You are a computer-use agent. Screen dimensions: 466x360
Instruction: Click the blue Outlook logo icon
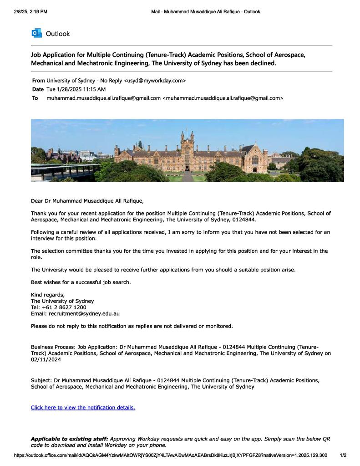36,33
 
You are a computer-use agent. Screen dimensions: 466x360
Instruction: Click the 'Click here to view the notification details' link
83,407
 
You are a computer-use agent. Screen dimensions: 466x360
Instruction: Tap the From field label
38,81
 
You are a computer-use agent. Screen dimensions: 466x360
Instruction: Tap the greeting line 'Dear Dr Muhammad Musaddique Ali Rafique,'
87,200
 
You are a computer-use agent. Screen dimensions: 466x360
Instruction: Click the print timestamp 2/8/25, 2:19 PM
30,11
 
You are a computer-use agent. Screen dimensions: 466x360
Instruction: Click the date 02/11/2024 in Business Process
46,359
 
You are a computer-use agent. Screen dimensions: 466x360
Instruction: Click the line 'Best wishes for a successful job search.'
81,282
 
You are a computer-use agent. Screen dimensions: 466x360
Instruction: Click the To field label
35,98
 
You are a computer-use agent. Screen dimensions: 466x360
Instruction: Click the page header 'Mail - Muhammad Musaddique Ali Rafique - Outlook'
205,11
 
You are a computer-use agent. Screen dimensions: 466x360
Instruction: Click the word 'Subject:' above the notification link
41,380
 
